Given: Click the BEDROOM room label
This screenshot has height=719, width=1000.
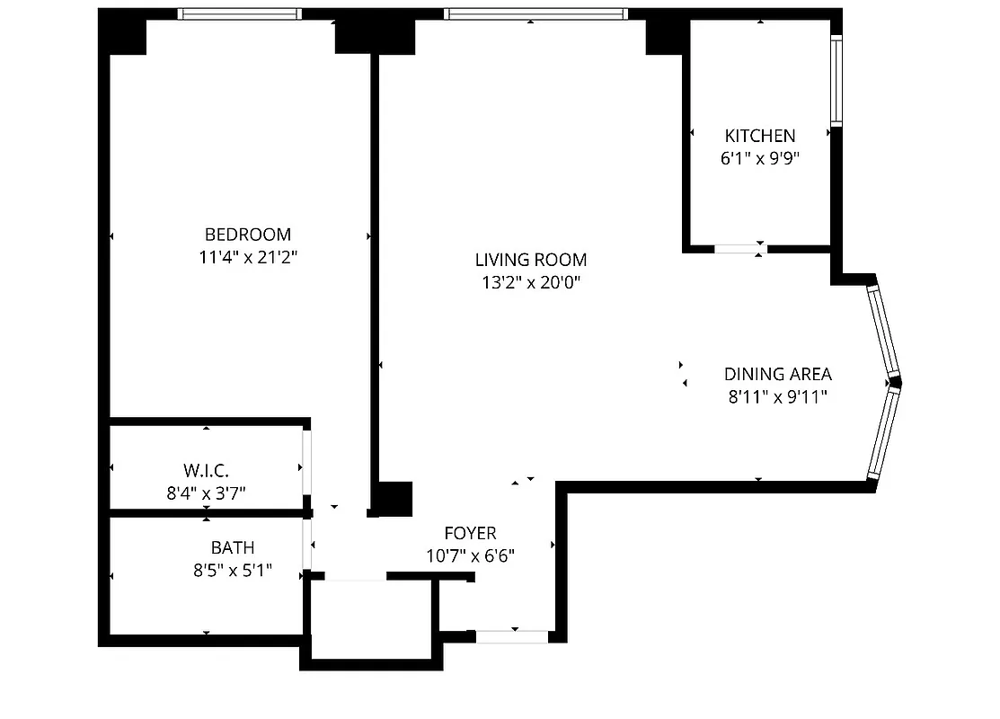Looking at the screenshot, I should tap(248, 235).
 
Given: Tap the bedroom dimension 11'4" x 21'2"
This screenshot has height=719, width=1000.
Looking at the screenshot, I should tap(248, 258).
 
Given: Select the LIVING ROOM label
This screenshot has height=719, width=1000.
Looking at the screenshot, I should tap(530, 260).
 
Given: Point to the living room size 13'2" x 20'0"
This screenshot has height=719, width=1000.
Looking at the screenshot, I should tap(530, 283).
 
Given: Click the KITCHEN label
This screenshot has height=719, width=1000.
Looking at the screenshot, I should tap(759, 136).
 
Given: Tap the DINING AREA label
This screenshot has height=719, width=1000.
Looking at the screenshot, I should tap(777, 374).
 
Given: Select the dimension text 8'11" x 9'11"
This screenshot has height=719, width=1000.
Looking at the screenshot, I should tap(777, 396).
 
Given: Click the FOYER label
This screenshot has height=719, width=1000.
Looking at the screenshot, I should tap(470, 533).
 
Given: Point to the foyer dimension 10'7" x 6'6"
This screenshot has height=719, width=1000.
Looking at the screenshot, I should tap(470, 555).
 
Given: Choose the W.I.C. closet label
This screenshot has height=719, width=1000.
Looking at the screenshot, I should tap(207, 470).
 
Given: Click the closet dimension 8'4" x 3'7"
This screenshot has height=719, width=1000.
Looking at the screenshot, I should tap(207, 493).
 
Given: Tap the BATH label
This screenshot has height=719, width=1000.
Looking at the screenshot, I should tap(232, 546).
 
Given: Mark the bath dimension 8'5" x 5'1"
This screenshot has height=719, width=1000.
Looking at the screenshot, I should tap(232, 570).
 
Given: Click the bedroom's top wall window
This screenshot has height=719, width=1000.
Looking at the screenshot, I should tap(238, 14).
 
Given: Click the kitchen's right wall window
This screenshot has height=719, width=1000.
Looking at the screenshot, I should tap(835, 81).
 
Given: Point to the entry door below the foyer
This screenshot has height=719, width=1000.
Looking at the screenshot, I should tap(511, 637).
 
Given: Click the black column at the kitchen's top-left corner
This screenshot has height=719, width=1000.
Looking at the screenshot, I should tap(665, 36).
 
